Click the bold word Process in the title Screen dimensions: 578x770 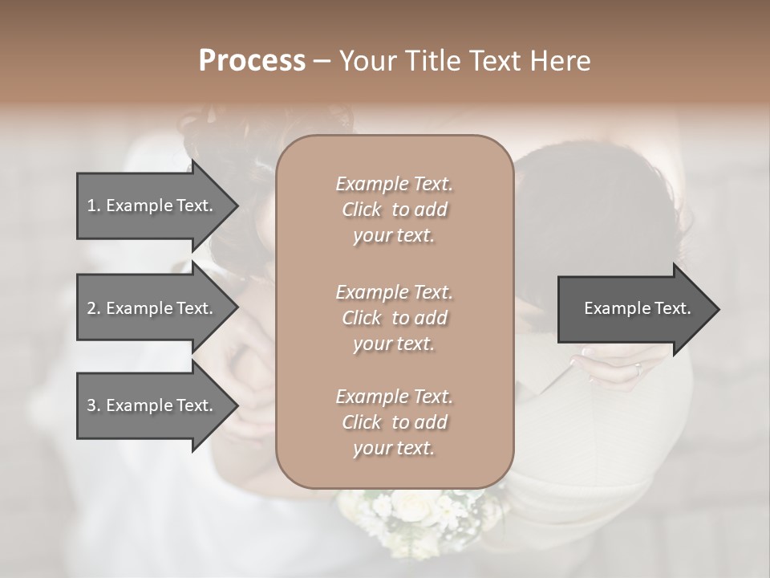point(252,61)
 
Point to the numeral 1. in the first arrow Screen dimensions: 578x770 point(94,206)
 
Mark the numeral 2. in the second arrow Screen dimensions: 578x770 point(94,308)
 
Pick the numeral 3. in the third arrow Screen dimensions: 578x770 point(94,405)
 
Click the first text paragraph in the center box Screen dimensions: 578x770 point(394,210)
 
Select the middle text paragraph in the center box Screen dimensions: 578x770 point(394,318)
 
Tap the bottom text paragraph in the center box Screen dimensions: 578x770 point(394,422)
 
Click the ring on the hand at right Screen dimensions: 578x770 point(638,370)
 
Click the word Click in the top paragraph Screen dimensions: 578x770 point(362,210)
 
